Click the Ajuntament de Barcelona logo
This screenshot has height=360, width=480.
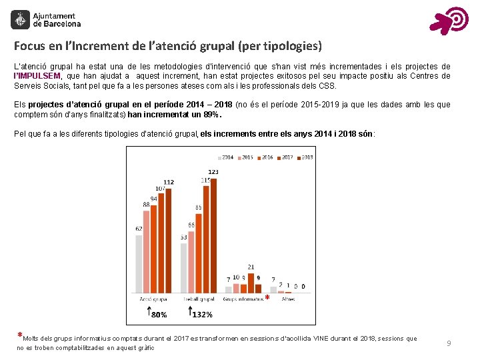click(x=46, y=20)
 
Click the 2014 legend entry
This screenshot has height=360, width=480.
click(x=225, y=157)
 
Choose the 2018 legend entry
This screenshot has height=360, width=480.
click(x=304, y=157)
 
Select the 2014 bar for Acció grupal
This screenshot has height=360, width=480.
click(x=139, y=263)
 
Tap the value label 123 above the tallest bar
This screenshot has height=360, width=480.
click(x=213, y=172)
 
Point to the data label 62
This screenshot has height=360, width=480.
click(x=139, y=229)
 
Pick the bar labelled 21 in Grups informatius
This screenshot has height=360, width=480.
click(x=251, y=283)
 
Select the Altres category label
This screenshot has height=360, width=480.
click(x=288, y=299)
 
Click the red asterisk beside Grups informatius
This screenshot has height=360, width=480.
click(x=267, y=297)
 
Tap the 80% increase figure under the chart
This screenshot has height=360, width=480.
click(x=159, y=314)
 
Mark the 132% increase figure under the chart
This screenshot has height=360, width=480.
click(x=202, y=314)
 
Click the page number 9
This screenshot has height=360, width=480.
click(x=449, y=343)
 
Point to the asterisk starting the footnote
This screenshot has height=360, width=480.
click(x=20, y=336)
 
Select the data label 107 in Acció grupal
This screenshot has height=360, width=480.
click(x=160, y=189)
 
